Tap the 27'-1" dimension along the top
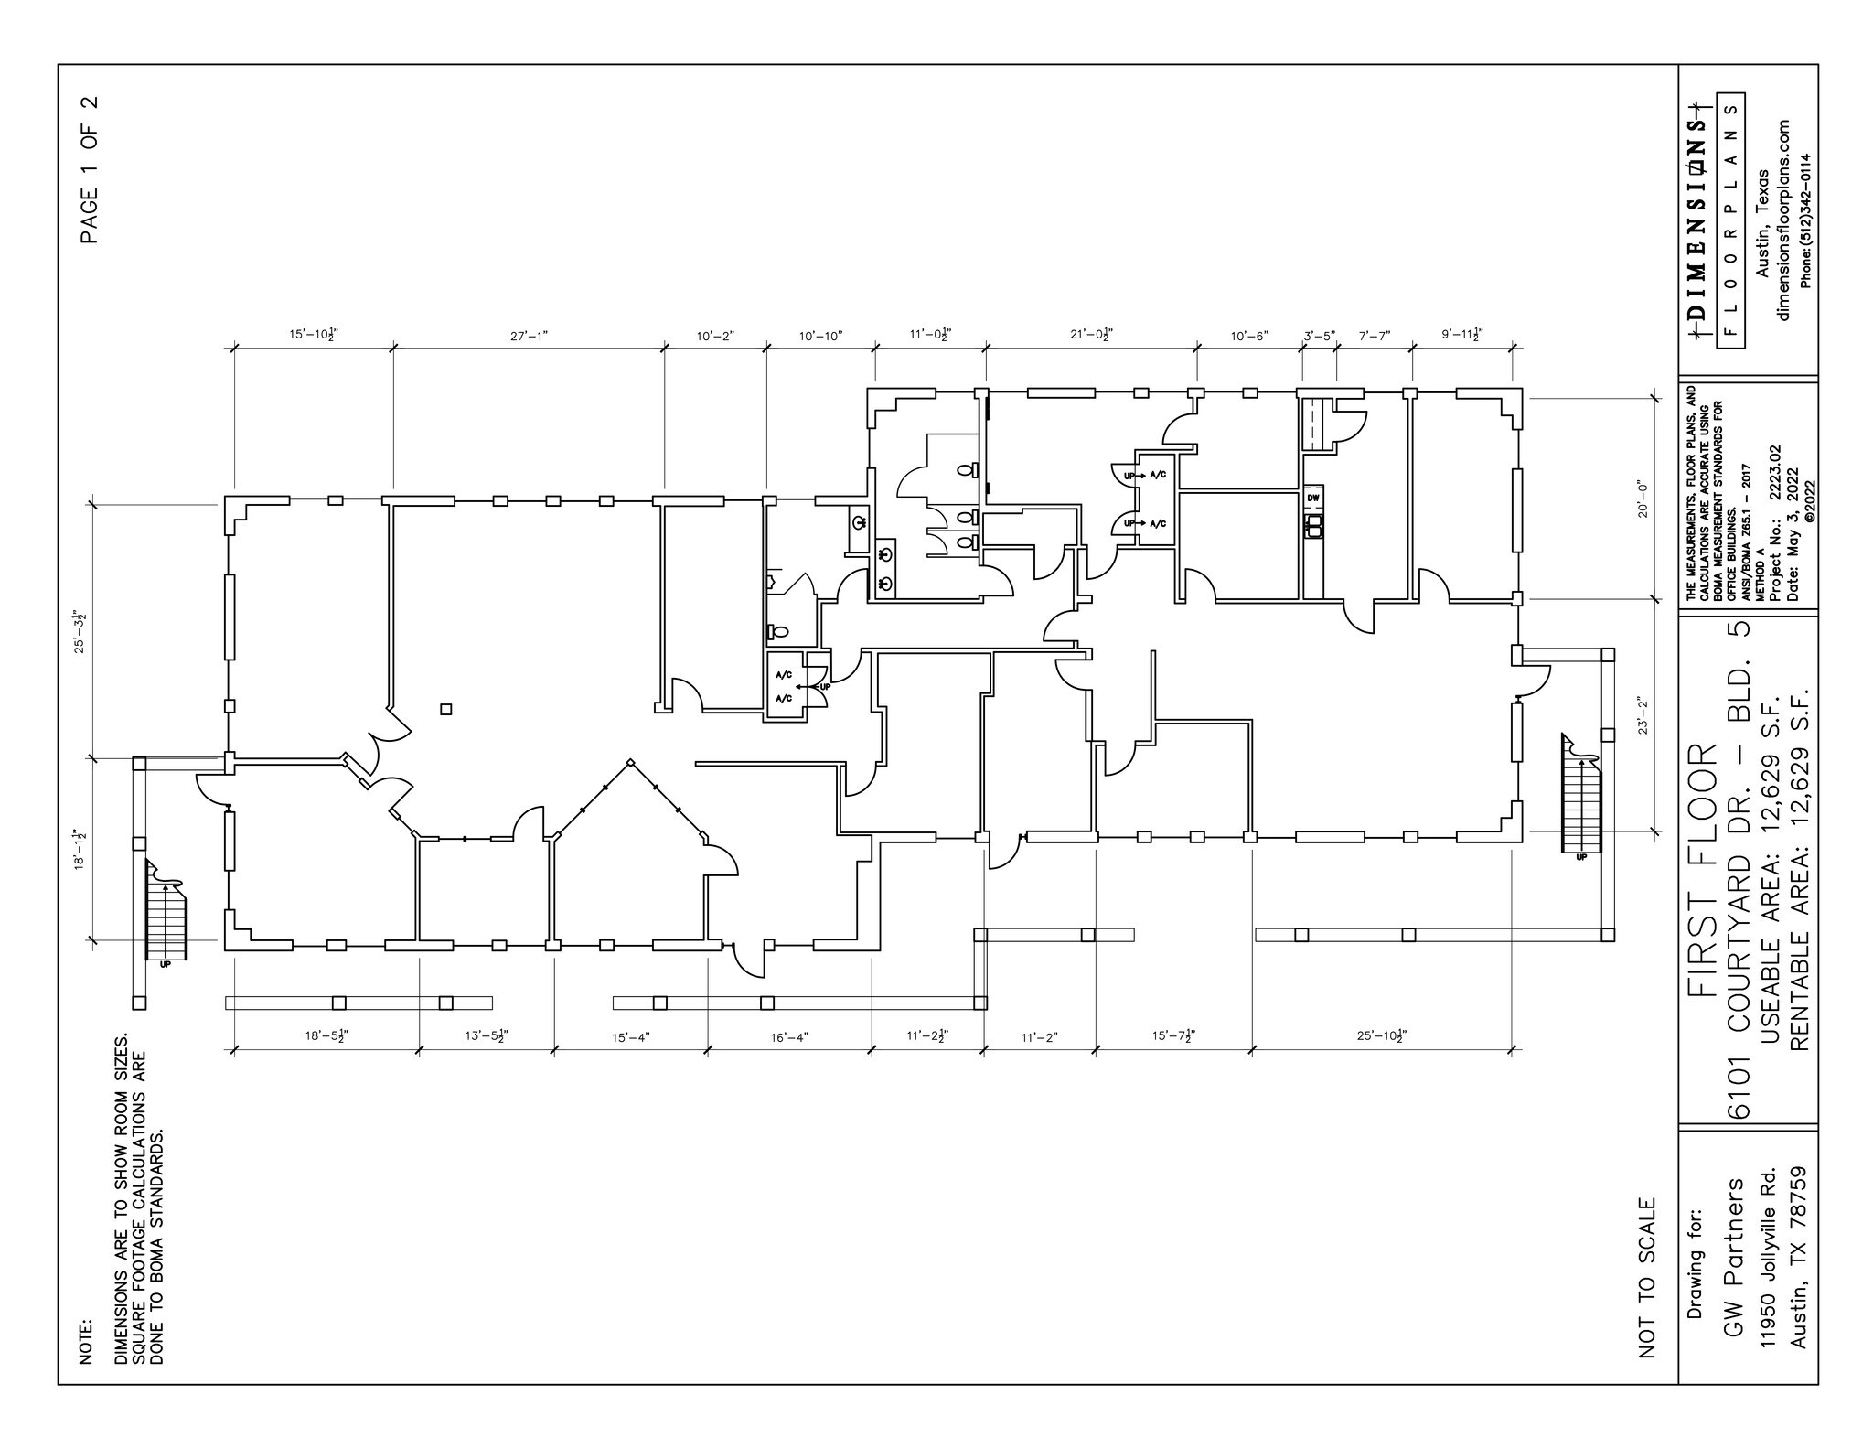[529, 336]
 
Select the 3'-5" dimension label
[1320, 336]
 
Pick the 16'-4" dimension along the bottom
[789, 1037]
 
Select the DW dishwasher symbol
[1313, 498]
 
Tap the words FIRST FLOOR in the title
[1702, 869]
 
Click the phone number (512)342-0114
[1805, 220]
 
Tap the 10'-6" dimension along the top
[1249, 336]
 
